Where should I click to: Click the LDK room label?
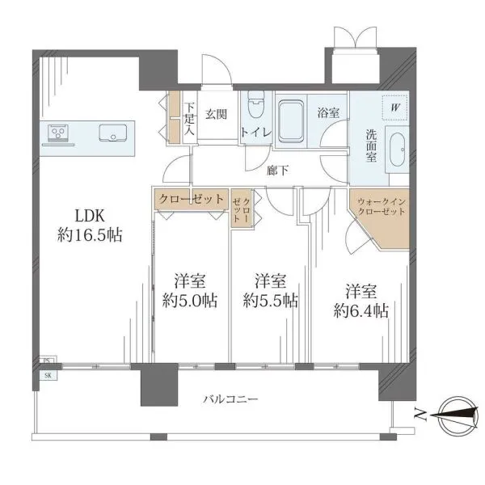[90, 216]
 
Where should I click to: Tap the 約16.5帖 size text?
[90, 235]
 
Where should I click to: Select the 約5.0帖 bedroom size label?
[190, 301]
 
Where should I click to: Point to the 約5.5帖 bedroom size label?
[271, 301]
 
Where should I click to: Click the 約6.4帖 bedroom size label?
[361, 310]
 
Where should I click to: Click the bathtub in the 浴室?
[291, 121]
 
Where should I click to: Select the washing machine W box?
[395, 108]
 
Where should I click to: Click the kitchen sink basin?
[113, 133]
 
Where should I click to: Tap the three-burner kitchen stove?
[58, 133]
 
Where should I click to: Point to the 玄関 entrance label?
[216, 115]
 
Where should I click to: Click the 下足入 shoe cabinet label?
[189, 119]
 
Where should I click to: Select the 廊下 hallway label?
[278, 171]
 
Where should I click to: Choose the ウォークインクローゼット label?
[381, 207]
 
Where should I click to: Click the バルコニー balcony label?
[230, 399]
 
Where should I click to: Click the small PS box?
[46, 361]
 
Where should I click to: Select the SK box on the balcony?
[48, 376]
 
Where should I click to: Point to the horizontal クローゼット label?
[191, 199]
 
